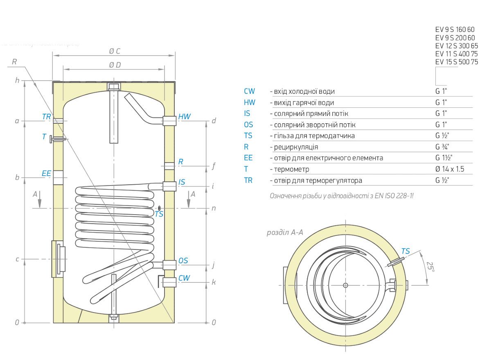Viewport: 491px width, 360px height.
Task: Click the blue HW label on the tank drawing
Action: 185,117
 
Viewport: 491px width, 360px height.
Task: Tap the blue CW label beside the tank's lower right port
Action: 184,278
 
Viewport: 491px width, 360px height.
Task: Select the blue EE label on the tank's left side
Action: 46,174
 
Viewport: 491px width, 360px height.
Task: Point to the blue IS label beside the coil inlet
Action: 182,182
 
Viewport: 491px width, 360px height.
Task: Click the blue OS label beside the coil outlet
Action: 183,261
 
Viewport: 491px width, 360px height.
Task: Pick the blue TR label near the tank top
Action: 46,117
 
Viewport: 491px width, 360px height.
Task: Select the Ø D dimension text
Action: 115,65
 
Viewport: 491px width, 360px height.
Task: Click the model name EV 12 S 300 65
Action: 456,45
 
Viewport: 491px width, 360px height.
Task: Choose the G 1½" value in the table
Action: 444,158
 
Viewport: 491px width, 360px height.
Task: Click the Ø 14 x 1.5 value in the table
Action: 449,169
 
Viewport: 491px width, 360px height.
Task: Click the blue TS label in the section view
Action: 405,251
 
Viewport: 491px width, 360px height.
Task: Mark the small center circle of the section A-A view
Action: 346,285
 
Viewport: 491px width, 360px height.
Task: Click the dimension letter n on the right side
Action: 214,208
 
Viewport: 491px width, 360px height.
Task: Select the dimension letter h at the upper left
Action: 17,81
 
